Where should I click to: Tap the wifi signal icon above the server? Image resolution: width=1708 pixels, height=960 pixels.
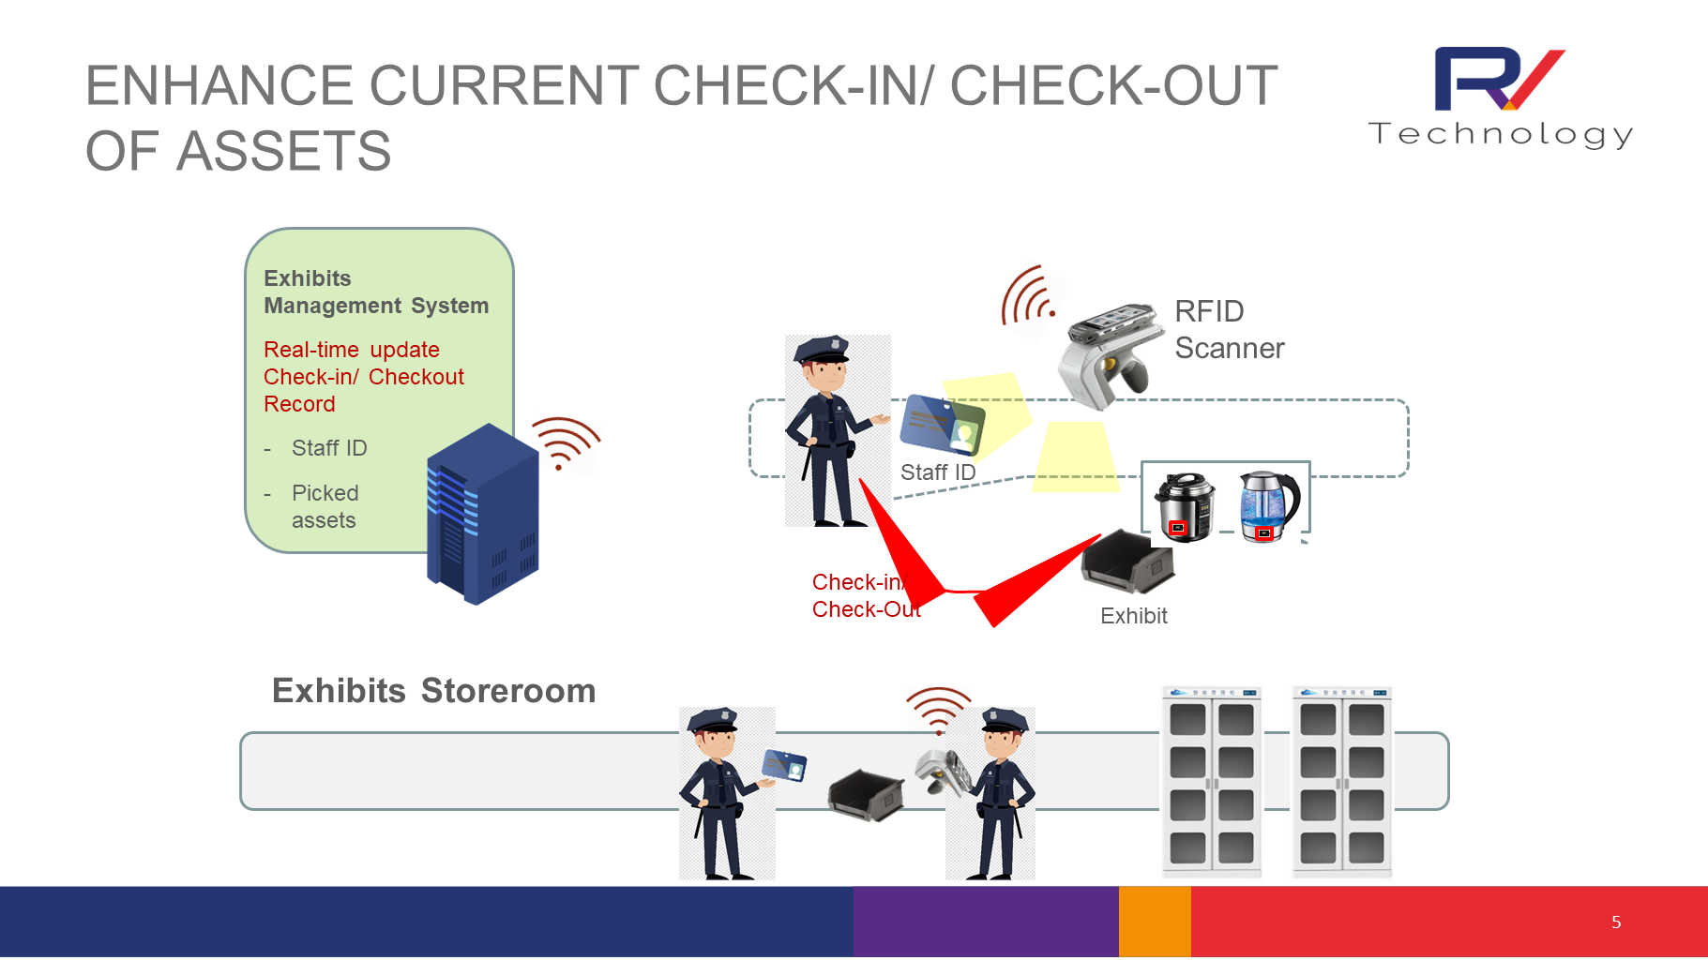(565, 442)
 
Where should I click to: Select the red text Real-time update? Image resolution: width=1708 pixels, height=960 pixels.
(351, 350)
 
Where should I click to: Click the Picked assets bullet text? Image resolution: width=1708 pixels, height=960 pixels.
(324, 506)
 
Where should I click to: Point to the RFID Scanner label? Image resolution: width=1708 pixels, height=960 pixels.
(1228, 330)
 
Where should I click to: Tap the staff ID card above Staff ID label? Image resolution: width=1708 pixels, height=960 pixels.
(942, 426)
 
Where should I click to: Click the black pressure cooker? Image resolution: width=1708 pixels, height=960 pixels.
(1184, 507)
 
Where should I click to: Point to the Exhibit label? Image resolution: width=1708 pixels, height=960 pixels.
(1133, 616)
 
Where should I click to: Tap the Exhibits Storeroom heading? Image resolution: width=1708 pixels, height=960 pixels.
(433, 691)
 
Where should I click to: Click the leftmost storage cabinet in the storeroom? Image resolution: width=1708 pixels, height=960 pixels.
(1211, 782)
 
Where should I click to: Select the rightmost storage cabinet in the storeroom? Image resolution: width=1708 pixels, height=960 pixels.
(1341, 782)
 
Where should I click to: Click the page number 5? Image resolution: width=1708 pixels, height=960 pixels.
(1615, 922)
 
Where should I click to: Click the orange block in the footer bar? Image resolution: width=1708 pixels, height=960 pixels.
(1154, 922)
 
